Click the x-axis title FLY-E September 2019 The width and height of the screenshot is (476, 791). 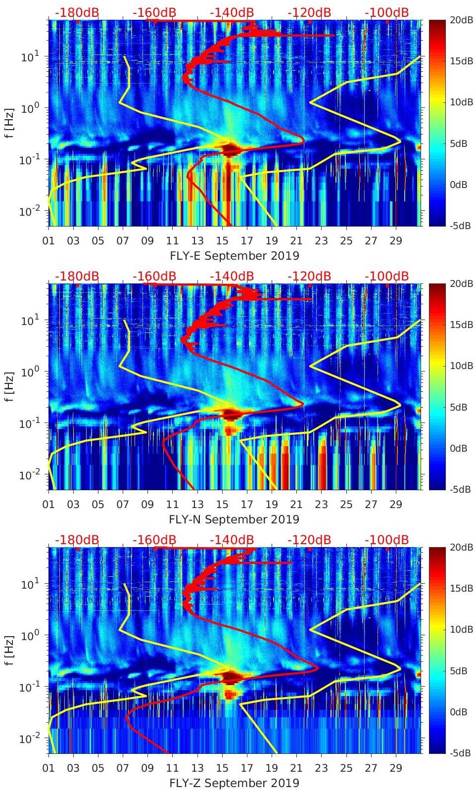pos(235,256)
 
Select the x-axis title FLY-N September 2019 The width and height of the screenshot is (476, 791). pos(235,519)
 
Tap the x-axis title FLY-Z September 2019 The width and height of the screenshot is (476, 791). pos(235,783)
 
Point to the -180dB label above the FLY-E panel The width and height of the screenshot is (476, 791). pos(77,12)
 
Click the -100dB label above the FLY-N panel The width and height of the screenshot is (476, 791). pos(387,276)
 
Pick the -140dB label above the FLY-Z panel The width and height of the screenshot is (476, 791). pos(232,540)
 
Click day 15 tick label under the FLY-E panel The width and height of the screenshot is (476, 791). pos(222,241)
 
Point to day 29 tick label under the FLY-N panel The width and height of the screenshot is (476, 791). pos(396,505)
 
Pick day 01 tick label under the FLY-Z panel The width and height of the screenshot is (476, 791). pos(48,768)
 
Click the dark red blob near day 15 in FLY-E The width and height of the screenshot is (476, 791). pos(229,149)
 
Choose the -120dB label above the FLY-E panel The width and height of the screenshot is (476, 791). pos(309,12)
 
